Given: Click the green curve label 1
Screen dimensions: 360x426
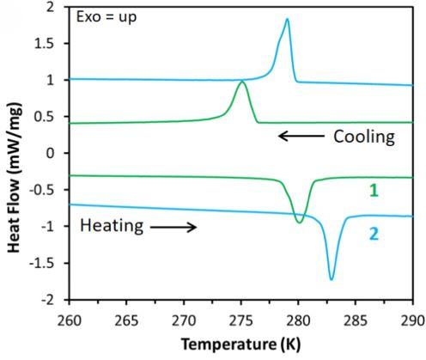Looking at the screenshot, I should click(x=374, y=189).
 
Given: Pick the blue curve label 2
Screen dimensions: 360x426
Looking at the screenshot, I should click(x=374, y=232).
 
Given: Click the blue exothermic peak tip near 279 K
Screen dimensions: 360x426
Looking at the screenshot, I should click(x=287, y=19).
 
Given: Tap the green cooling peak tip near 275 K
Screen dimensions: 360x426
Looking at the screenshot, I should click(x=241, y=82).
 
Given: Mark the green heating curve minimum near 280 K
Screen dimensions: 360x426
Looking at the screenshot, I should click(x=299, y=223).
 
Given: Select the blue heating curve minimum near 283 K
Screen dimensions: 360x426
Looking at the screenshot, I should click(x=332, y=279).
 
